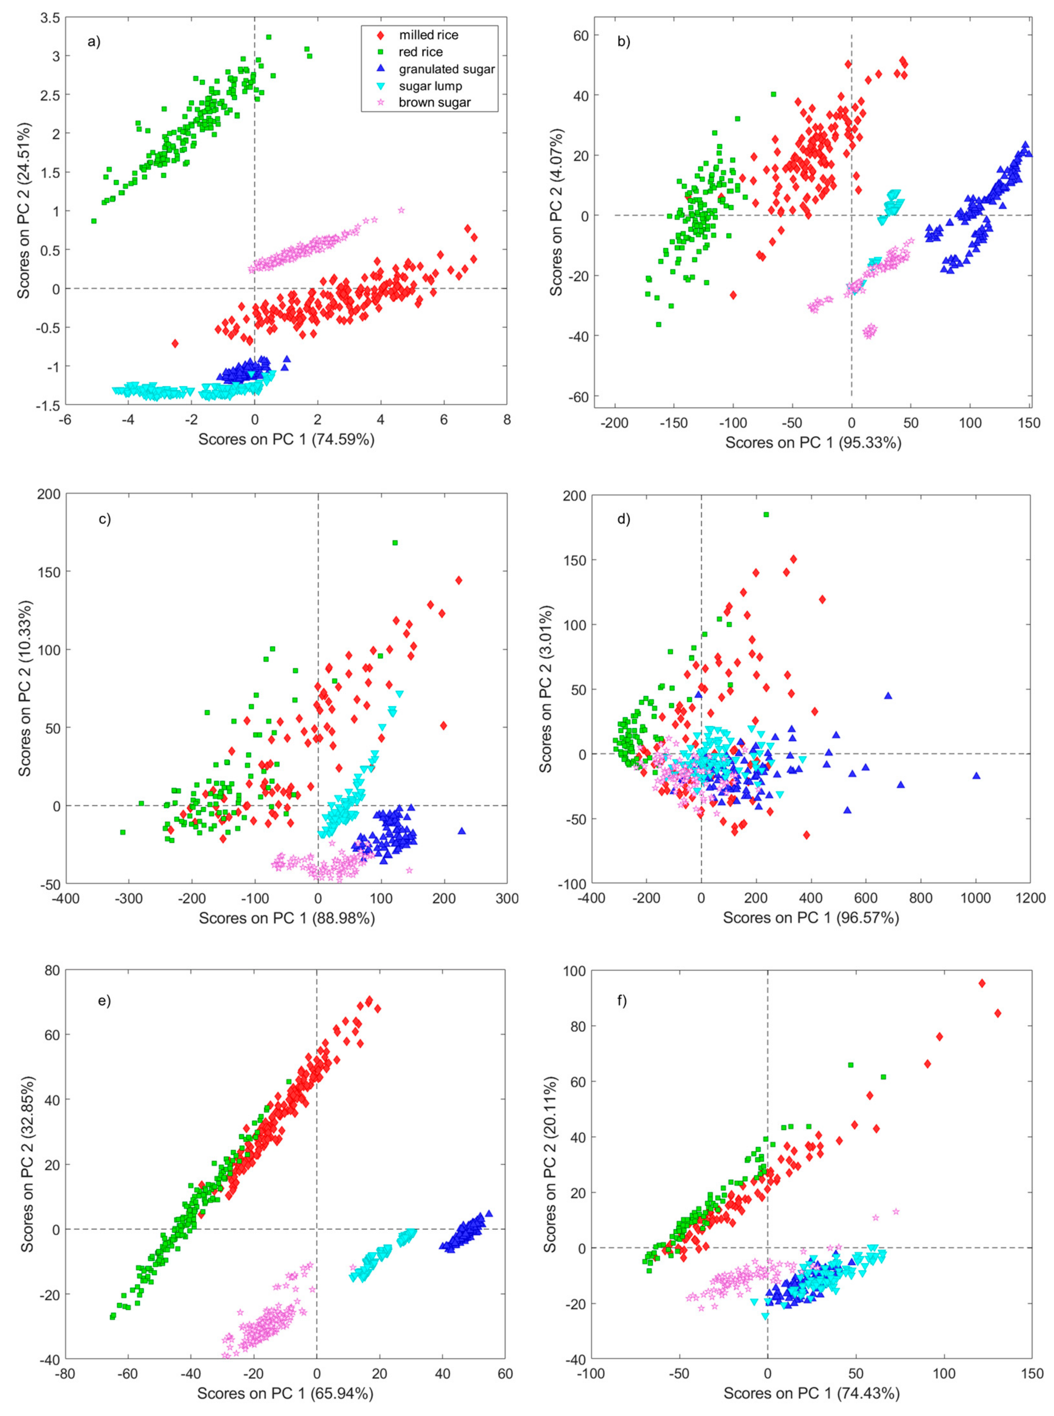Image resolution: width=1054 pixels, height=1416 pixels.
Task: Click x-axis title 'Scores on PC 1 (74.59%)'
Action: pos(286,439)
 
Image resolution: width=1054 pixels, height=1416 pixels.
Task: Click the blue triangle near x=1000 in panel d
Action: pos(976,775)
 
